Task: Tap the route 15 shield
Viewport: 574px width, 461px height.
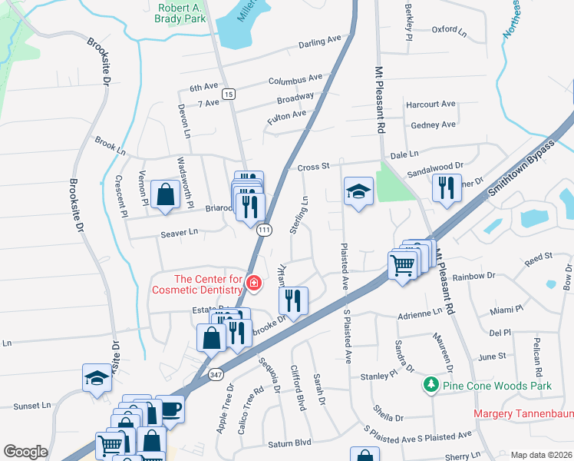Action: (228, 93)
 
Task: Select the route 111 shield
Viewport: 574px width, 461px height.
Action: (265, 230)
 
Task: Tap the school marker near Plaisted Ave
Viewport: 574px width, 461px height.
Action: (358, 191)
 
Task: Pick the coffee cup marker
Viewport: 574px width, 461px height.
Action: (170, 409)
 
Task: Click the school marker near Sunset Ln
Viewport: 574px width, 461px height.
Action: (97, 379)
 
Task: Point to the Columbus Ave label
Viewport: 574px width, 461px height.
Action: (295, 79)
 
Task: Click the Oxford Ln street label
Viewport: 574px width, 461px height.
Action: (449, 31)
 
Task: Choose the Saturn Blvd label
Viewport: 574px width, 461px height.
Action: (290, 442)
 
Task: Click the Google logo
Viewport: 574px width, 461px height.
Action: (25, 452)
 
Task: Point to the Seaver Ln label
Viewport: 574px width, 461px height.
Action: (179, 231)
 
